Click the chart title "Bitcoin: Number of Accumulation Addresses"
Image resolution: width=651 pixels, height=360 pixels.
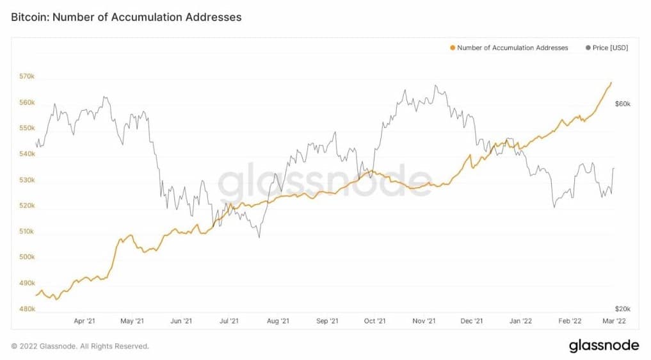coord(126,17)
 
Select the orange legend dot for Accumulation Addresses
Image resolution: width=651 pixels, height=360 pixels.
coord(453,48)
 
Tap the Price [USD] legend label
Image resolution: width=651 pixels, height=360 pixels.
coord(610,48)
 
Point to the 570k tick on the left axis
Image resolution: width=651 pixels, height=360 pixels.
coord(26,77)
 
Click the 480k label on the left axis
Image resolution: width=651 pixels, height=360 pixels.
coord(26,309)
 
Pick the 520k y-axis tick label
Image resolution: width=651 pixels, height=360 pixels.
coord(26,206)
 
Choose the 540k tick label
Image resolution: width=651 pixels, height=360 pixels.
coord(26,154)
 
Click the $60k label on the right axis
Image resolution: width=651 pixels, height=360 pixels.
coord(623,103)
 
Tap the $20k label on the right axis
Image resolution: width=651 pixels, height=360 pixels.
coord(623,309)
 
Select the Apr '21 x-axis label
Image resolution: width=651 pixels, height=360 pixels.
coord(84,321)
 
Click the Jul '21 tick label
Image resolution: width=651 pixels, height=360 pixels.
coord(229,321)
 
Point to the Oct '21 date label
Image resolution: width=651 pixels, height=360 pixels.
coord(374,321)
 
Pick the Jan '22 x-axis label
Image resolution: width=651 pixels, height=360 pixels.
coord(521,321)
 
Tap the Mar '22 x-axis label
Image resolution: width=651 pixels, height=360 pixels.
coord(613,321)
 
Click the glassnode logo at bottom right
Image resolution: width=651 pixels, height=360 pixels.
coord(604,346)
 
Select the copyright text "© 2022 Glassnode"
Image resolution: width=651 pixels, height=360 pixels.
coord(80,346)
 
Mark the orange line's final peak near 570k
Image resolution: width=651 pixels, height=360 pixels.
coord(611,82)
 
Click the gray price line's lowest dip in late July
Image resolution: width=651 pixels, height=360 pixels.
coord(259,238)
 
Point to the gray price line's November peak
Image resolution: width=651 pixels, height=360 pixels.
coord(435,85)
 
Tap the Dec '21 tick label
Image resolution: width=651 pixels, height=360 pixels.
coord(471,321)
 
